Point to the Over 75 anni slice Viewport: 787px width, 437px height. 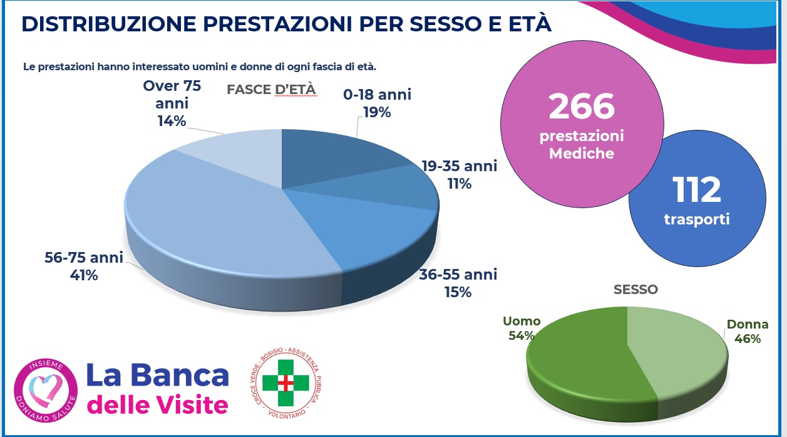coord(238,157)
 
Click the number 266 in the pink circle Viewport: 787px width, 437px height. coord(582,106)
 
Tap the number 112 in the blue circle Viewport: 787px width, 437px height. coord(696,189)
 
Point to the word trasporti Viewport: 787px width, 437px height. coord(696,220)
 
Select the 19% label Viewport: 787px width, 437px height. coord(377,113)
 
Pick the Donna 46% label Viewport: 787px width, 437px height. coord(747,332)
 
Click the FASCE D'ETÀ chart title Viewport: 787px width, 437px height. coord(271,90)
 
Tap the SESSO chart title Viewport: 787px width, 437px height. coord(635,290)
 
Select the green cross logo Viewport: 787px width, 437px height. coord(285,382)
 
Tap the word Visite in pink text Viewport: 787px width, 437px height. coord(191,405)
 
